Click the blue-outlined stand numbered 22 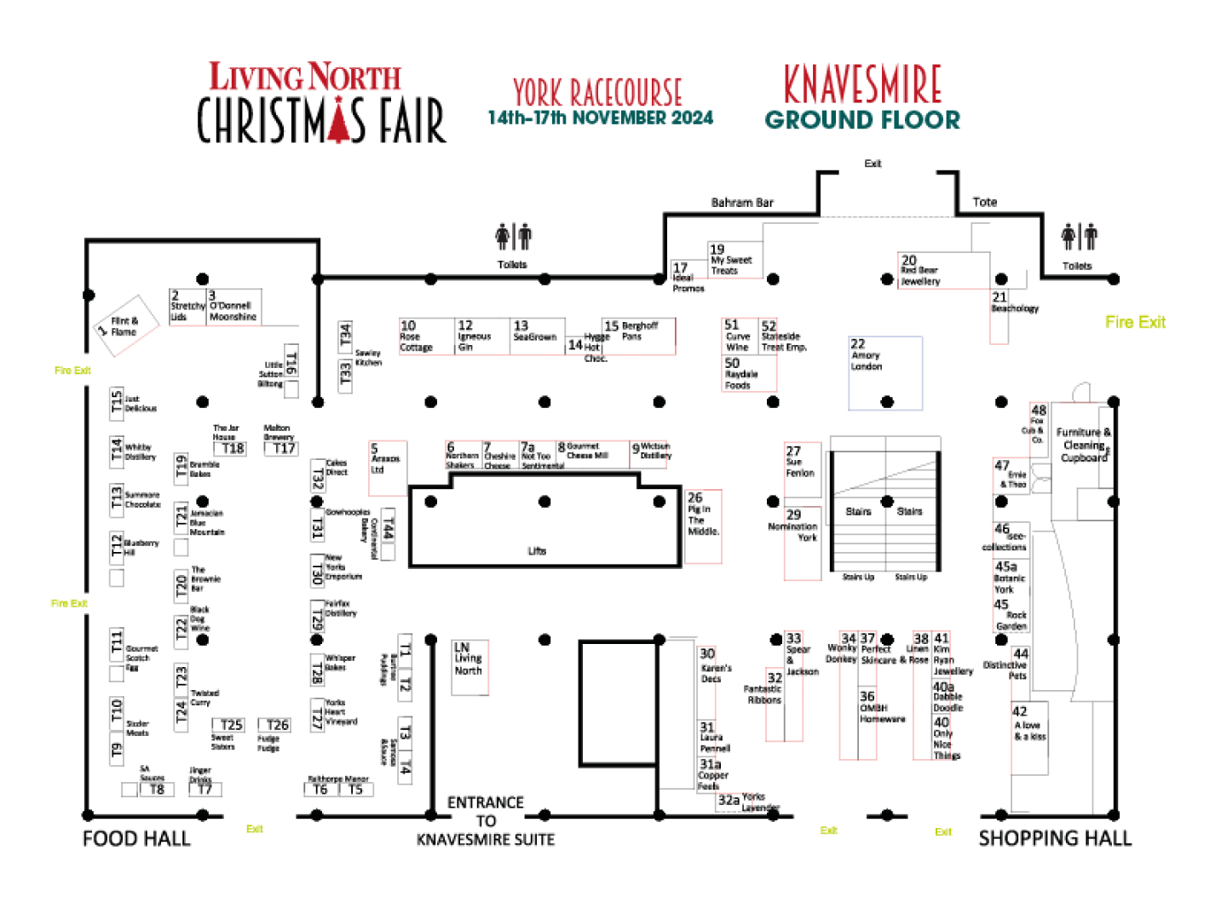[x=885, y=373]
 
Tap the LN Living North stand [x=469, y=667]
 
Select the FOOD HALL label [x=136, y=838]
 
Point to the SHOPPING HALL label [x=1055, y=838]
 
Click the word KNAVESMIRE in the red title [x=862, y=83]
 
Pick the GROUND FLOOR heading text [x=862, y=120]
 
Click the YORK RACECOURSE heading [x=597, y=92]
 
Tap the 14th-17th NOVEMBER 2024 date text [x=601, y=118]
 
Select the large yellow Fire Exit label [x=1135, y=322]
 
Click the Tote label [x=984, y=202]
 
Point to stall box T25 [x=228, y=726]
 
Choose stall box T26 [x=274, y=726]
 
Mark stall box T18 [x=229, y=448]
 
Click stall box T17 [x=281, y=448]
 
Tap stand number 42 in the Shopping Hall [x=1029, y=737]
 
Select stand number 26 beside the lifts [x=703, y=526]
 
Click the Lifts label [x=536, y=550]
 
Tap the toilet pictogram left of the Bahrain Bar [x=514, y=237]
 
